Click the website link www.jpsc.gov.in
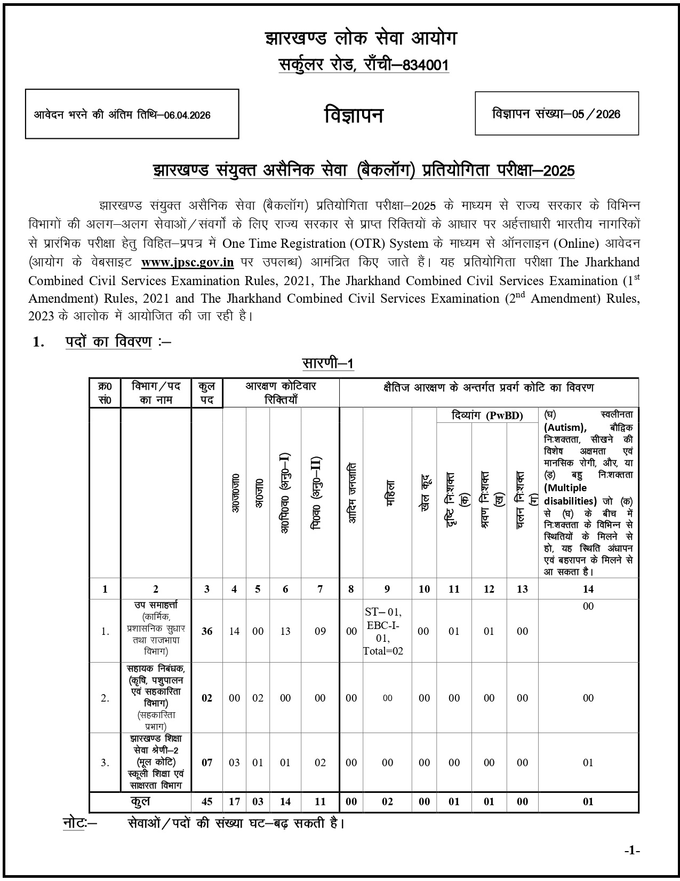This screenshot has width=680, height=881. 187,262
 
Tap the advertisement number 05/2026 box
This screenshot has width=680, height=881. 556,114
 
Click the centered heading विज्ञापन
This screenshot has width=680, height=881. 354,115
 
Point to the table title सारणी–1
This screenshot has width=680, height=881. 327,363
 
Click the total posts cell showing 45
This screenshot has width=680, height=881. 207,801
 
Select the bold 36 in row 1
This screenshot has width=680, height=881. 207,631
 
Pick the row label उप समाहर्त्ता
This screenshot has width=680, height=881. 156,605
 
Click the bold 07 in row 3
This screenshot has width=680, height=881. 207,762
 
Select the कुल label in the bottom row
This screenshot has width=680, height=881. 140,801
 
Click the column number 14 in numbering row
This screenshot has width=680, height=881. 588,589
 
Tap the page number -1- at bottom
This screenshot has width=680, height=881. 631,850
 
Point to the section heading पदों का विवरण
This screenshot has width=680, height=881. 108,342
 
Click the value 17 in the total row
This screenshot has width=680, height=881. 234,801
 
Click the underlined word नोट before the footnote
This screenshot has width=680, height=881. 74,823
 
